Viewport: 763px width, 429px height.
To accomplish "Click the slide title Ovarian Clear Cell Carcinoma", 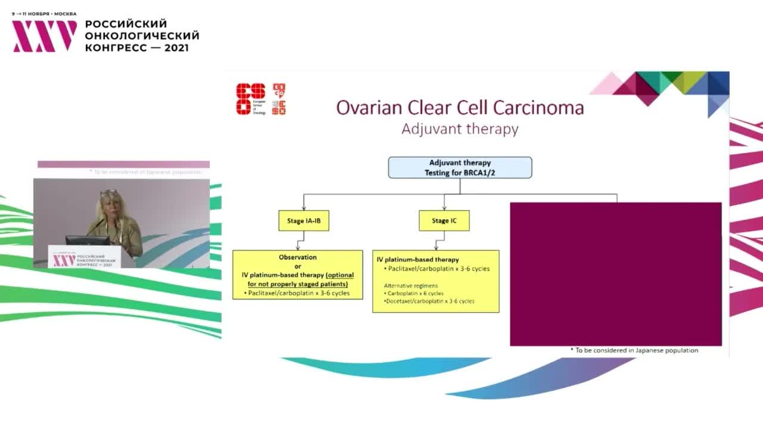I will point(460,107).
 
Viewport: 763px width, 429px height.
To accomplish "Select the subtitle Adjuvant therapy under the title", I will point(460,129).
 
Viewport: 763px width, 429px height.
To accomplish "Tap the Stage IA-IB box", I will point(303,221).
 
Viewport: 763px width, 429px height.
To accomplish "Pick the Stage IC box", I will point(443,221).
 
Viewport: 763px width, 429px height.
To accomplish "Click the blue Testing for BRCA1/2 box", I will point(460,167).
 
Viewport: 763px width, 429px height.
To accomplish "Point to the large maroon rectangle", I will point(616,273).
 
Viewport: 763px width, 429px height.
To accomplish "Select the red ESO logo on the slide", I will point(250,98).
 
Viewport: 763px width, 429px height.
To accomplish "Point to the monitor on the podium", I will point(88,241).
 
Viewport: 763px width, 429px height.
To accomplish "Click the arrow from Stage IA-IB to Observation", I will point(297,240).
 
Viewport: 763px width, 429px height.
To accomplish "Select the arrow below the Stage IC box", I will point(437,240).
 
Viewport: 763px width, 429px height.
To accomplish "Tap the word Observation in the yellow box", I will point(297,257).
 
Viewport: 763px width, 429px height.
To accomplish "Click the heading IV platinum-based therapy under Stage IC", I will point(418,260).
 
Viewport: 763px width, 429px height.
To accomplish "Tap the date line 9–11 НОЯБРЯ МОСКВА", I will point(44,13).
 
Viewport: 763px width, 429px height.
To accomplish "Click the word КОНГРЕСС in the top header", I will point(114,47).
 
